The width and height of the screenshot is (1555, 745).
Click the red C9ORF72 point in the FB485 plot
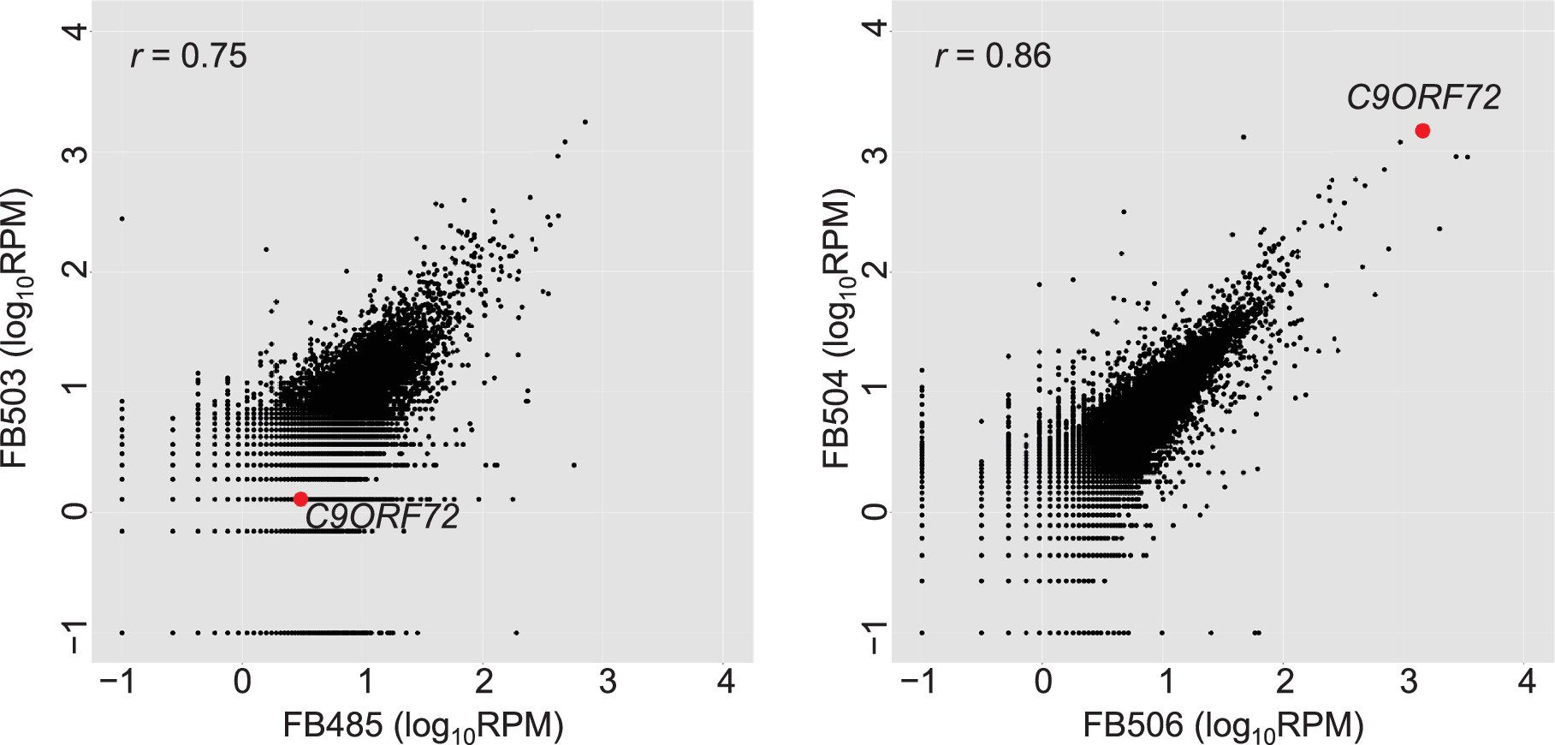coord(300,499)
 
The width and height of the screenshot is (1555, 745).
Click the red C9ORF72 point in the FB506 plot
coord(1422,131)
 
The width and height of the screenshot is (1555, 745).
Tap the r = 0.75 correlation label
coord(189,57)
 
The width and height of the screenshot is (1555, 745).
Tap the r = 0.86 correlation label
coord(993,57)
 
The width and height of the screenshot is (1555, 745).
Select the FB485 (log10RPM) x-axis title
coord(423,726)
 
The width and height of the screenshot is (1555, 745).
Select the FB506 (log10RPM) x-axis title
coord(1223,726)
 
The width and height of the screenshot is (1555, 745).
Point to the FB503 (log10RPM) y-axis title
coord(18,328)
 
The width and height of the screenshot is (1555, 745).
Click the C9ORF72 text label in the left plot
coord(383,516)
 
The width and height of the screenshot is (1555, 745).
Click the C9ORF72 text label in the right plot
coord(1423,98)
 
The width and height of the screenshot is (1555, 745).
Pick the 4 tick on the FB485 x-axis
coord(726,682)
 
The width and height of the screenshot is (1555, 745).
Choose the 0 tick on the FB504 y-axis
coord(875,511)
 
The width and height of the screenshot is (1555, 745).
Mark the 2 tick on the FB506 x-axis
coord(1284,682)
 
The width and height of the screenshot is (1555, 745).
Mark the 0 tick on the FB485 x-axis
coord(243,682)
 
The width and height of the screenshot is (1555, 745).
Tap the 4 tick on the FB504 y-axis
coord(875,31)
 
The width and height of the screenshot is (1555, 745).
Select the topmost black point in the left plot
coord(585,122)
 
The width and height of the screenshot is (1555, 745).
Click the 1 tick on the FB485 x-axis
coord(365,682)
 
